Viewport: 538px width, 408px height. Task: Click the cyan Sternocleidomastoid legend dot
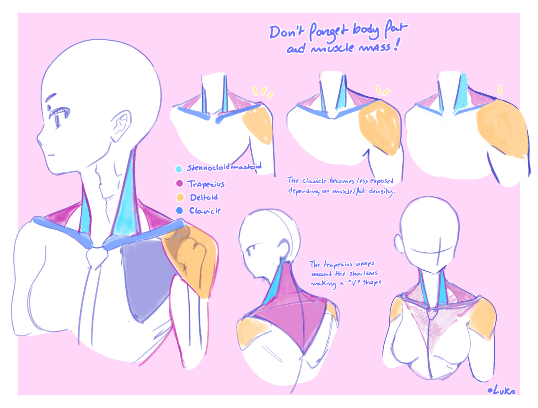pyautogui.click(x=179, y=169)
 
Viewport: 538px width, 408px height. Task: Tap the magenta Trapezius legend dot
pyautogui.click(x=179, y=183)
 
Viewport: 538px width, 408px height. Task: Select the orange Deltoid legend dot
pyautogui.click(x=180, y=197)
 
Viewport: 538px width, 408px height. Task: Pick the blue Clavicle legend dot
pyautogui.click(x=179, y=211)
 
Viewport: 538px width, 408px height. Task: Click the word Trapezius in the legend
pyautogui.click(x=206, y=184)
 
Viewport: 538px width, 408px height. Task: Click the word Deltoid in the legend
pyautogui.click(x=204, y=197)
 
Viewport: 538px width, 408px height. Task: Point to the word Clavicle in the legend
pyautogui.click(x=205, y=211)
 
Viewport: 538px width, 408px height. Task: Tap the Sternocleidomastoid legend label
pyautogui.click(x=224, y=167)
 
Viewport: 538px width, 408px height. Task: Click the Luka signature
pyautogui.click(x=502, y=390)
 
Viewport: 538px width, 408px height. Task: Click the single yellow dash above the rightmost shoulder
pyautogui.click(x=500, y=90)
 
